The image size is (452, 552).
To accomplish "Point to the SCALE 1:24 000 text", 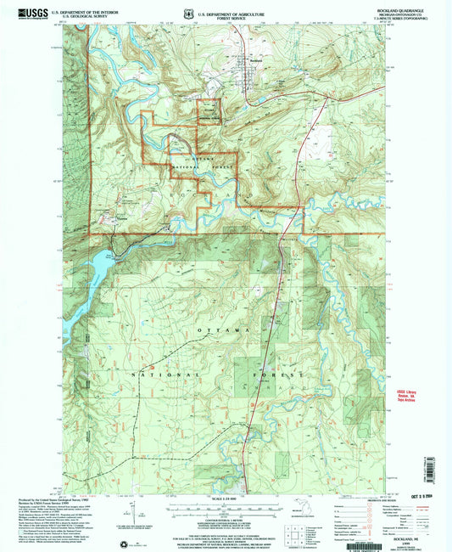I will click(225, 497).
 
